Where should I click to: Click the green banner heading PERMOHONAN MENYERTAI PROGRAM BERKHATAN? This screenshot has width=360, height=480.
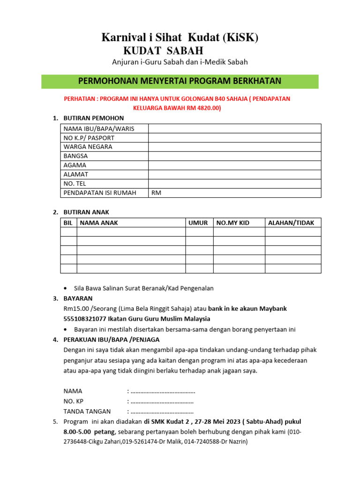(180, 81)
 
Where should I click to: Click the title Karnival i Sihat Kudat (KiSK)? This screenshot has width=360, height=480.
(180, 38)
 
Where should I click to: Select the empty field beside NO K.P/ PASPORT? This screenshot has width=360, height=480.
(234, 138)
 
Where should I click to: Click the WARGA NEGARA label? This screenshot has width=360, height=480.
(88, 147)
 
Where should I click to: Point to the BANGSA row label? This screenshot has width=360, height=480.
(75, 156)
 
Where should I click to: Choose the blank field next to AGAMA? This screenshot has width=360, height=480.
(234, 165)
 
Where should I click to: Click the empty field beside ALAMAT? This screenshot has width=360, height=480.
(234, 174)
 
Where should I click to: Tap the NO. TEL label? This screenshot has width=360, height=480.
(75, 184)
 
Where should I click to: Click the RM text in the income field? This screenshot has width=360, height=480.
(156, 193)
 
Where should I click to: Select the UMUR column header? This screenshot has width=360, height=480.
(198, 223)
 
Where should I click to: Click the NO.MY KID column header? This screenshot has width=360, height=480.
(232, 223)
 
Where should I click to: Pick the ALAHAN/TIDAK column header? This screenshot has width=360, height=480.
(291, 223)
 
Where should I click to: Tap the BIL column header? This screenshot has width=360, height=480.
(68, 223)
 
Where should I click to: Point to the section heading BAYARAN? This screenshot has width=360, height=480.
(78, 298)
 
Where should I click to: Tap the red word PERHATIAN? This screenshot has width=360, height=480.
(81, 99)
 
